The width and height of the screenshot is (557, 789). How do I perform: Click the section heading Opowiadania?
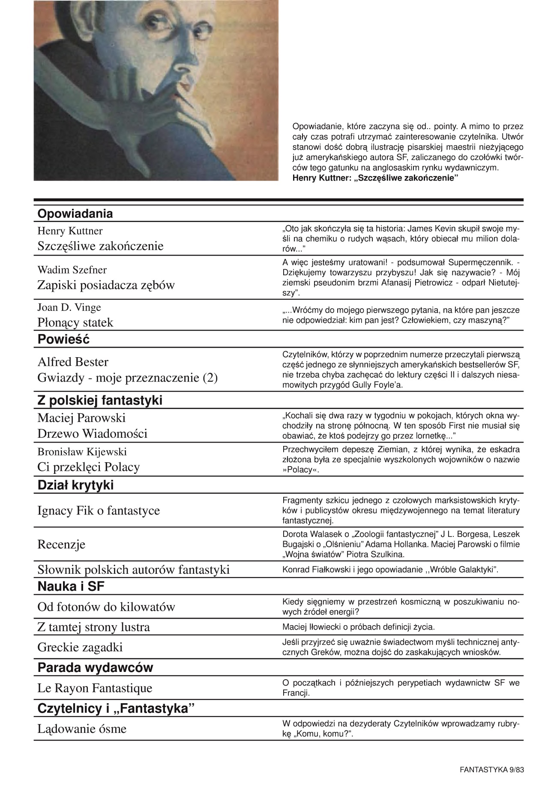click(x=75, y=214)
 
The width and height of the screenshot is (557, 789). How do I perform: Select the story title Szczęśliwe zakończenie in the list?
click(x=100, y=246)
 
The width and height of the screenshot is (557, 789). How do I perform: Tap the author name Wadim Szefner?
click(x=72, y=270)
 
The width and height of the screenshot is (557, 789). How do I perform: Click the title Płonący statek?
click(x=75, y=322)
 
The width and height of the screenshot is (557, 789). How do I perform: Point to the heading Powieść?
click(x=63, y=340)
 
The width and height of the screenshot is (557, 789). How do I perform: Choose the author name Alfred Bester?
click(x=73, y=362)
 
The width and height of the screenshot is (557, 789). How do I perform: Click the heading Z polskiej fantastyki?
click(x=100, y=401)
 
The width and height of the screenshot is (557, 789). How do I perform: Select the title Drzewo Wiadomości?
click(x=92, y=434)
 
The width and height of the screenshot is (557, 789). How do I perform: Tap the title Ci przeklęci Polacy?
click(x=89, y=467)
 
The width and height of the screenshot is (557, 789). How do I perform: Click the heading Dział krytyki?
click(x=75, y=485)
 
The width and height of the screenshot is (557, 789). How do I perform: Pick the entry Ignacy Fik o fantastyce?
click(x=99, y=511)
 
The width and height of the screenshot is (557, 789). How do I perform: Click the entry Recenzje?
click(x=61, y=545)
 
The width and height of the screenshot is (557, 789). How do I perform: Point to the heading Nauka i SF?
click(x=71, y=587)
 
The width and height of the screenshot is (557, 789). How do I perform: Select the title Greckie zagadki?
click(x=80, y=647)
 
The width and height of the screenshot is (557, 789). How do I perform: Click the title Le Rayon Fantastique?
click(x=95, y=688)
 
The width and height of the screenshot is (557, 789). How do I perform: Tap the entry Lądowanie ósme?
click(x=82, y=729)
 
